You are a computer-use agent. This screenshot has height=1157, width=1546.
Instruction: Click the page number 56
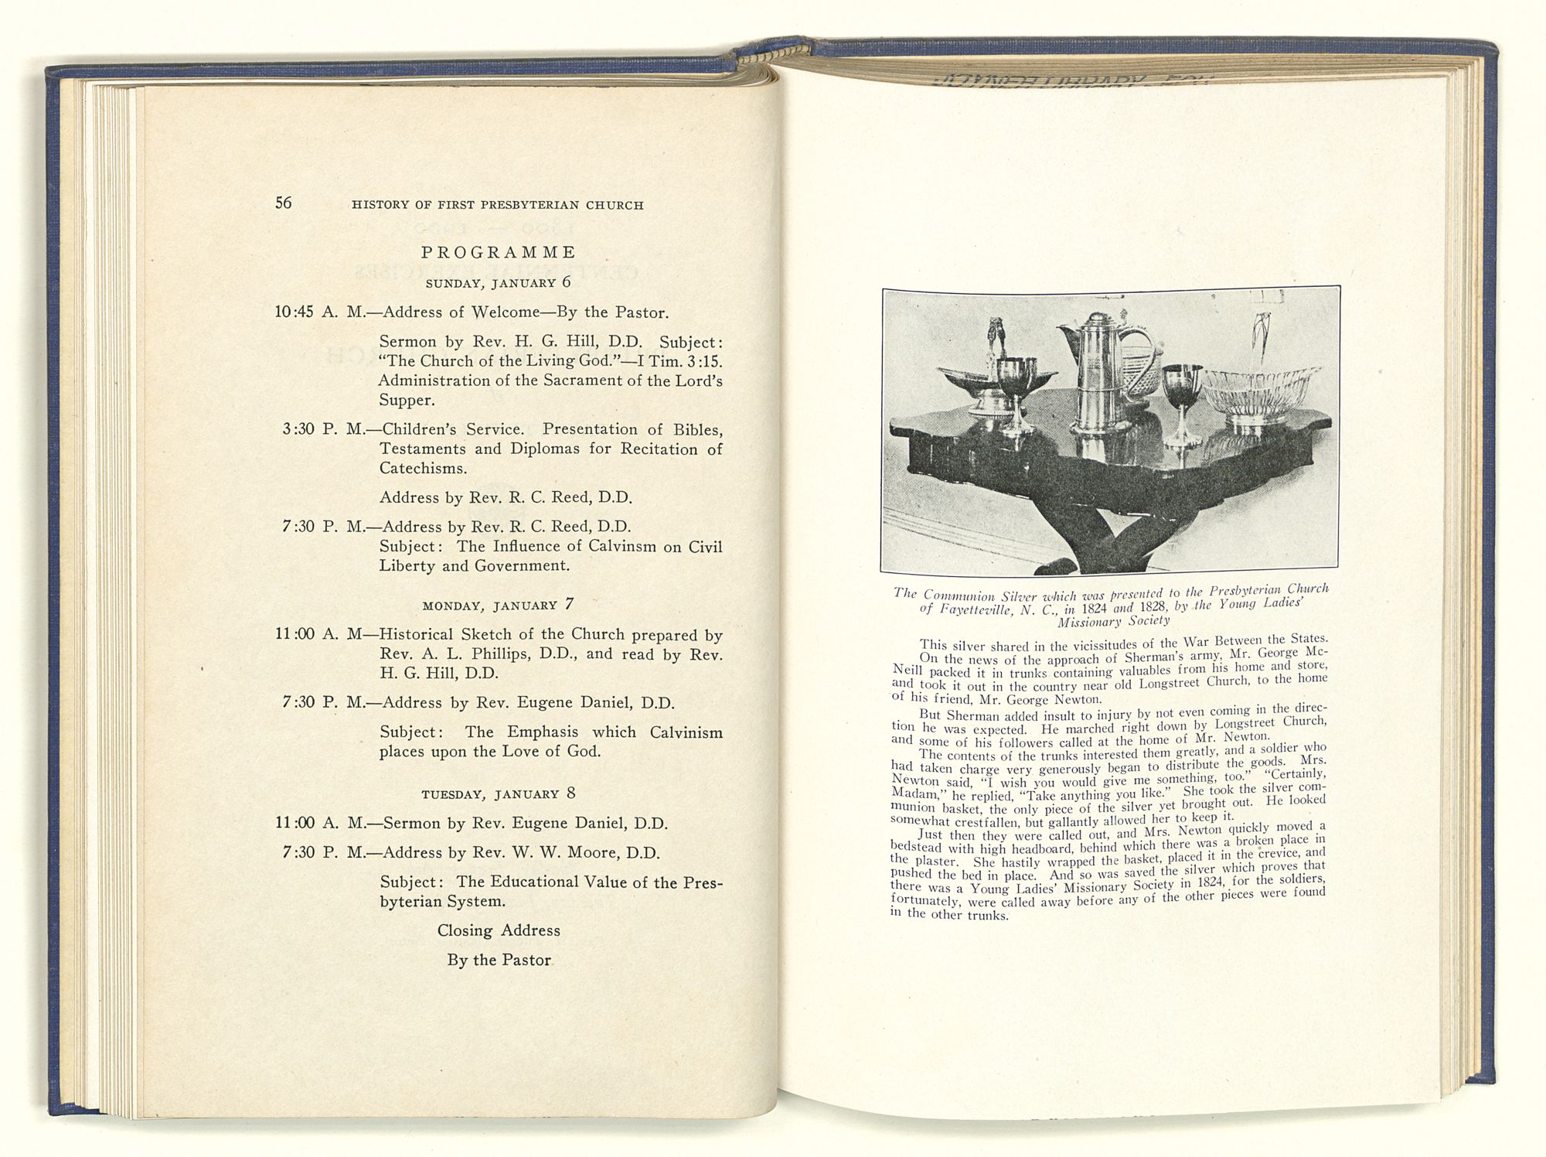point(284,203)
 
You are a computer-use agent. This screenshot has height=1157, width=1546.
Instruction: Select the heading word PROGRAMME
point(499,252)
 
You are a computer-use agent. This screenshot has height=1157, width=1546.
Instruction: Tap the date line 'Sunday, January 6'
point(498,282)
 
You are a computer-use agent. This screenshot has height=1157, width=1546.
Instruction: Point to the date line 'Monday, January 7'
point(498,605)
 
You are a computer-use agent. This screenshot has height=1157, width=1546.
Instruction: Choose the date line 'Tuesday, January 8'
point(498,794)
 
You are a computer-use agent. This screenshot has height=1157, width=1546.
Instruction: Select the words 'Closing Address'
point(499,930)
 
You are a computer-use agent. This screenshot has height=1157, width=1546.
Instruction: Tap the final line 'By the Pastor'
point(499,960)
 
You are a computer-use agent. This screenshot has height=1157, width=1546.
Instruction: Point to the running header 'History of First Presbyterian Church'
point(497,205)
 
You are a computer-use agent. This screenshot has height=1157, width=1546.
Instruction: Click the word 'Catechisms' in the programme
point(422,469)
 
